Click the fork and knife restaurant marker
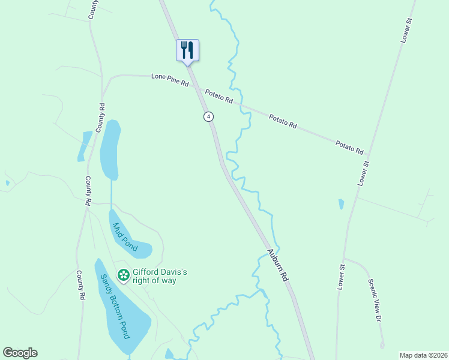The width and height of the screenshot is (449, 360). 187,50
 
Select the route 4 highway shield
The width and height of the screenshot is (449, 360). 208,116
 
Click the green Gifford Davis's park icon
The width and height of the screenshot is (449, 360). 123,275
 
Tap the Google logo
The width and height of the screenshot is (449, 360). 20,353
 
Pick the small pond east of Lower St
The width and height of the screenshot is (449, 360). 341,204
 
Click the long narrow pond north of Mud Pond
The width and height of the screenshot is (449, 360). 110,150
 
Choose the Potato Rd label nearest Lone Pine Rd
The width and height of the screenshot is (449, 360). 219,97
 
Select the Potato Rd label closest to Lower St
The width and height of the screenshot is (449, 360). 350,148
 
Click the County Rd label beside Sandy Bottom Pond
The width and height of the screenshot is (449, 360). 79,285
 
